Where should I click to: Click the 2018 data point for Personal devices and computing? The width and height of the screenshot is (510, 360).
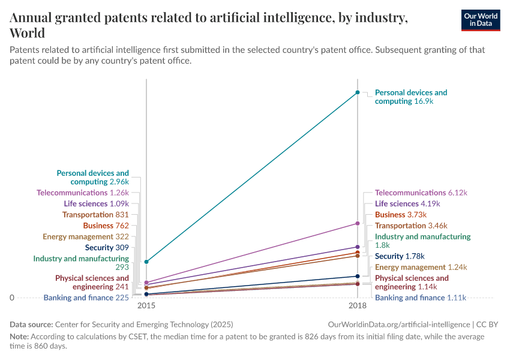click(x=358, y=92)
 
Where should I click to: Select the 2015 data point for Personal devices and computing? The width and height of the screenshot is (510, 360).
click(x=146, y=262)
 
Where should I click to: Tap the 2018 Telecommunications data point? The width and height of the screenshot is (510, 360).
click(x=358, y=223)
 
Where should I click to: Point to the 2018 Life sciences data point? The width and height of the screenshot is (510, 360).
click(x=358, y=247)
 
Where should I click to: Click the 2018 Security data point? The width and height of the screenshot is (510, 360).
click(x=358, y=276)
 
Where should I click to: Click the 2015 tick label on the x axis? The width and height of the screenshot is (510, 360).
click(x=146, y=305)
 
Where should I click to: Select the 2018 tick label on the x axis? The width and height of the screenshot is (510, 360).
click(x=358, y=305)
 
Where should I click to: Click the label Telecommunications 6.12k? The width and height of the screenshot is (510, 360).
click(x=421, y=193)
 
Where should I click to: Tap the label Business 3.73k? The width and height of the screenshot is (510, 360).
click(x=400, y=214)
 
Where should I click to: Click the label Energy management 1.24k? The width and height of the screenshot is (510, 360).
click(x=421, y=267)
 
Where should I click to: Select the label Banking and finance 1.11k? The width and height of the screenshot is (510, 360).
click(x=420, y=298)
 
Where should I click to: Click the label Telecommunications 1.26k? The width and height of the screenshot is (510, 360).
click(x=83, y=193)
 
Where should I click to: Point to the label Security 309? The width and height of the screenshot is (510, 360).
click(x=107, y=247)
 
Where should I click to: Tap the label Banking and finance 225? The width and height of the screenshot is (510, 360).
click(x=86, y=298)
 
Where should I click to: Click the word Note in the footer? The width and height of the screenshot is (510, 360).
click(x=19, y=337)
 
